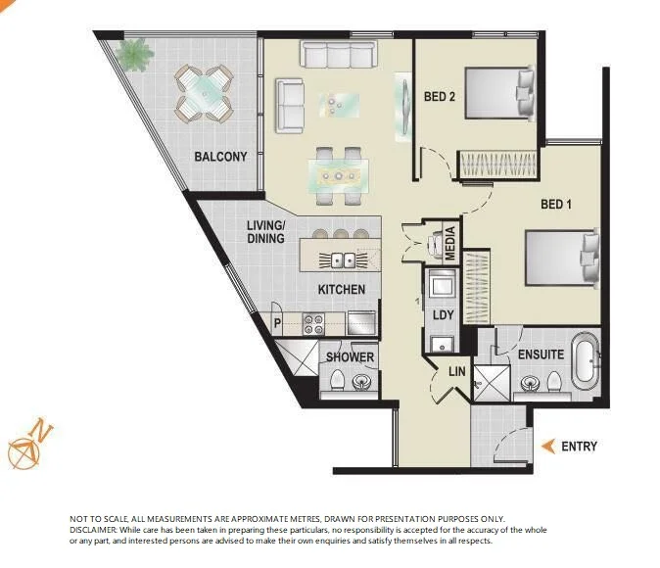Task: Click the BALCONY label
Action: tap(220, 157)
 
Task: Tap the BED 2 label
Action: tap(440, 97)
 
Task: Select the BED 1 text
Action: tap(556, 205)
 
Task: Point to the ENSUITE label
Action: tap(541, 354)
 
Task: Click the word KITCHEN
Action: tap(342, 290)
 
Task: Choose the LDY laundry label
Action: tap(442, 315)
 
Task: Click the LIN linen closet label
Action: tap(456, 372)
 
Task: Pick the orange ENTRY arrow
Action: tap(548, 447)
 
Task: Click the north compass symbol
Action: tap(24, 446)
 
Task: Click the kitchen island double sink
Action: tap(343, 260)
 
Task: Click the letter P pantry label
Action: tap(278, 321)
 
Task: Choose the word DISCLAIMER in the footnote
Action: tap(92, 529)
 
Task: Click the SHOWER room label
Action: tap(350, 356)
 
